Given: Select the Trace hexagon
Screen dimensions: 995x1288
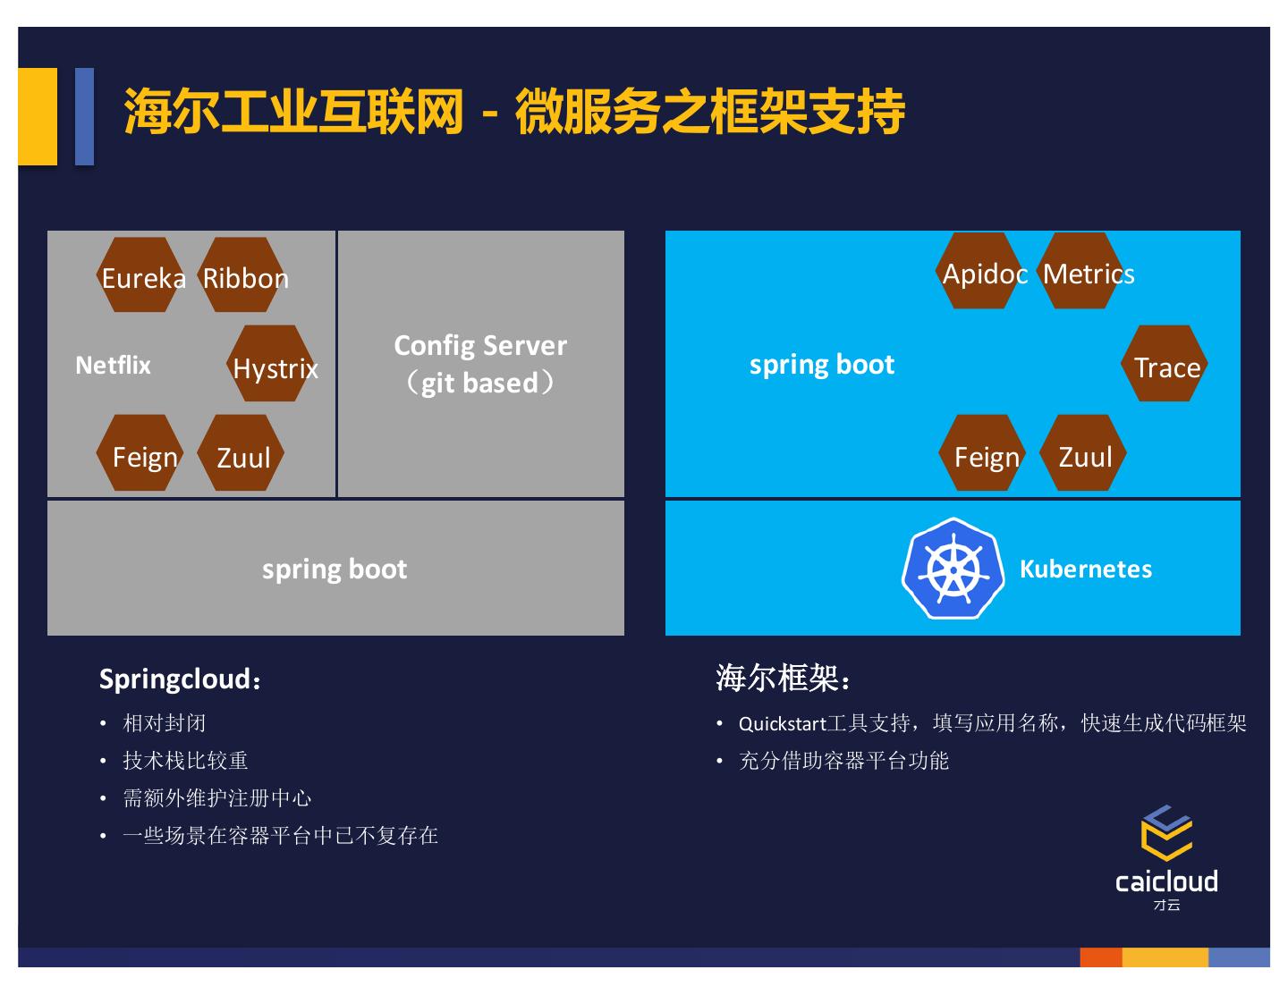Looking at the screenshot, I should coord(1164,364).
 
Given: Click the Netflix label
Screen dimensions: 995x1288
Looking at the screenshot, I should coord(113,365).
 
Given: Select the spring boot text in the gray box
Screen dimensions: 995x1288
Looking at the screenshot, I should coord(335,569).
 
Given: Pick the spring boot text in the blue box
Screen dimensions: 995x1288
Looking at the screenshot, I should coord(821,364).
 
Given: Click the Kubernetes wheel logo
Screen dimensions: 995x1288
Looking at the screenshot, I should coord(953,569).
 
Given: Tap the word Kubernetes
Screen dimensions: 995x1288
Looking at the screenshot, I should coord(1085,569).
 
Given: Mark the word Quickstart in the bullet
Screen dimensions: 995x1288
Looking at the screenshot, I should coord(782,723).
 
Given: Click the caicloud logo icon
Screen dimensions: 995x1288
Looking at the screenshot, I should coord(1166,833).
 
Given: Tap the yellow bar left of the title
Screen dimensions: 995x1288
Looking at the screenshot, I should coord(38,116).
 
